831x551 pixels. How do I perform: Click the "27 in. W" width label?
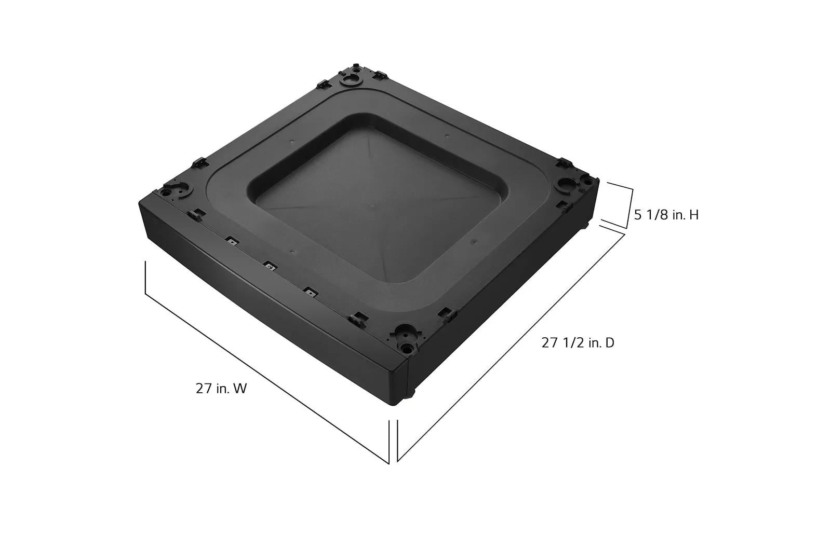(221, 389)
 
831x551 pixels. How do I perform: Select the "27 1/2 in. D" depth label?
(578, 343)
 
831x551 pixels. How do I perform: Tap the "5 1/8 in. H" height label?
(666, 215)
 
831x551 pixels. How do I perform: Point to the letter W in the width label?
(240, 389)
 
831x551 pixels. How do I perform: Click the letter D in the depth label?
(610, 343)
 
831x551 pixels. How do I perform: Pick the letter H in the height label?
(694, 215)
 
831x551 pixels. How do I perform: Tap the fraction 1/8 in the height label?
(655, 215)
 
